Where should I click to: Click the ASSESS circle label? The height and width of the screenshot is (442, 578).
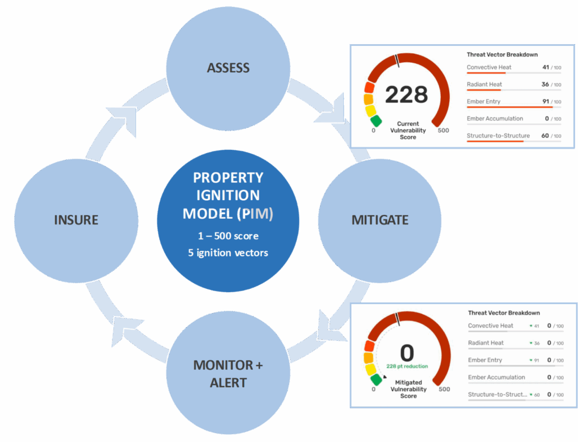(x=228, y=68)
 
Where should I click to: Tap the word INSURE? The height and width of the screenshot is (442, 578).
(x=76, y=219)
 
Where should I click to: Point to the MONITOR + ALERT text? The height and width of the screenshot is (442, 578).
(x=228, y=374)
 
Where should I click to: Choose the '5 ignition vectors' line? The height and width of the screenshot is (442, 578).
(x=228, y=253)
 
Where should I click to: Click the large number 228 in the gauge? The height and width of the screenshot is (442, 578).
(x=406, y=94)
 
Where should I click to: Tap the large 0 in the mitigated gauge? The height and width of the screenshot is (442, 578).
(x=407, y=353)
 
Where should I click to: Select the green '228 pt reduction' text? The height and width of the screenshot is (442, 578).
(x=407, y=366)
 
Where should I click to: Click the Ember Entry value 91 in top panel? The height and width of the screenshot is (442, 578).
(x=545, y=102)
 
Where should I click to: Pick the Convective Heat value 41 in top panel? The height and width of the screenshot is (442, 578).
(x=545, y=67)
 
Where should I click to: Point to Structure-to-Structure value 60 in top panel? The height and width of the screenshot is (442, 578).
(x=545, y=136)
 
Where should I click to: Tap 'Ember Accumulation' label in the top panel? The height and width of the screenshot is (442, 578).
(x=494, y=119)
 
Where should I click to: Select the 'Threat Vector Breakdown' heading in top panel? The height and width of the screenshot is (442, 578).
(x=502, y=55)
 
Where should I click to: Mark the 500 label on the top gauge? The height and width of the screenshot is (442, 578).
(x=444, y=131)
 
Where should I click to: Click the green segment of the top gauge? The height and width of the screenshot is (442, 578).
(x=376, y=121)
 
